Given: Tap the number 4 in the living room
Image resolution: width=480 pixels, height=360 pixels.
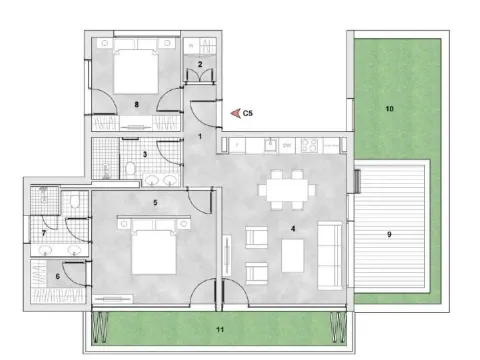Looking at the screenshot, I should (x=292, y=229).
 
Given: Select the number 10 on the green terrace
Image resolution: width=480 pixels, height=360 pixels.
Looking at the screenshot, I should (x=391, y=107).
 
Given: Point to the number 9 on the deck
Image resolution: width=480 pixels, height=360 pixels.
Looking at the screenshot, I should (x=389, y=235).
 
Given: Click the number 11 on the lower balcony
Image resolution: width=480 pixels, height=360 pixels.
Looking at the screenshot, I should (x=219, y=327).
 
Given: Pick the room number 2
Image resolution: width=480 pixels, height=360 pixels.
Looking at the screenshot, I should (x=200, y=65).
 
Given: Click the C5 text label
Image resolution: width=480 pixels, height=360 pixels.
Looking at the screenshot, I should (x=250, y=114).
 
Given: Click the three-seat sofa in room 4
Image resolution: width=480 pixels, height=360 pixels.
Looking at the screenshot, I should (x=329, y=250).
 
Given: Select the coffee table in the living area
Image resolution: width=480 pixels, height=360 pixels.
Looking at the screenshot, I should (x=293, y=256).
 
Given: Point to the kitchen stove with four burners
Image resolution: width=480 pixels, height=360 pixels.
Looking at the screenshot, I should (x=311, y=145).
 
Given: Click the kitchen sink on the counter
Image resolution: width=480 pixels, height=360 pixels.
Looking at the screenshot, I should (x=267, y=145).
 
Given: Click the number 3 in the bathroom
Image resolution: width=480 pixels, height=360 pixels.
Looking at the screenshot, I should (x=145, y=154).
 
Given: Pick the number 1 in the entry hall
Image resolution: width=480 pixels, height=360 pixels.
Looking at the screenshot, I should (x=200, y=135).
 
